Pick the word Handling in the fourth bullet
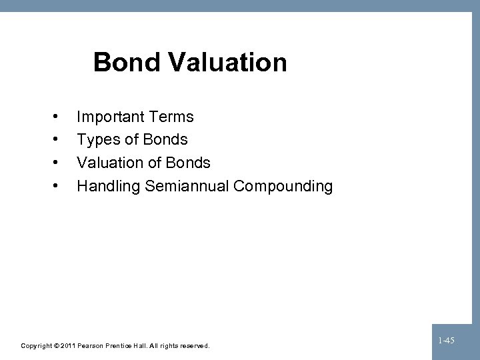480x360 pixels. click(x=106, y=186)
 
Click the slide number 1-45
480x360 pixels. click(x=447, y=341)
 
